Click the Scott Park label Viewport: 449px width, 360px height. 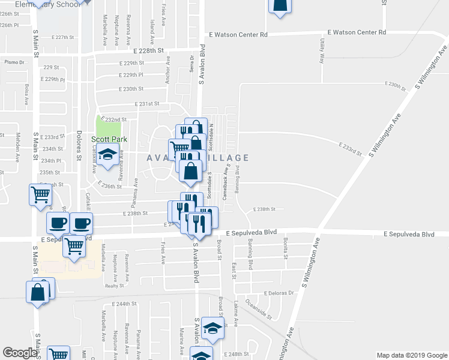coord(107,139)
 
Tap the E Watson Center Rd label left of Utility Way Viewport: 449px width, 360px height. coord(238,35)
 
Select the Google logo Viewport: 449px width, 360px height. coord(20,353)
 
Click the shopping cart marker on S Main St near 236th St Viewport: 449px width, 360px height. coord(40,193)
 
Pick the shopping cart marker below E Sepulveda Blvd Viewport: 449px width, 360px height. coord(74,245)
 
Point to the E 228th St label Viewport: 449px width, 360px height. coord(149,51)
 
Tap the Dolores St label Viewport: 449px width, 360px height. coord(79,150)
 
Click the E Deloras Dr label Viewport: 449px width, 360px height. coord(280,293)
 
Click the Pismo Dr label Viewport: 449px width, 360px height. coord(14,62)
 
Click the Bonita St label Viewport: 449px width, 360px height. coord(285,245)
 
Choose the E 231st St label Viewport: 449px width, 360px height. coord(147,103)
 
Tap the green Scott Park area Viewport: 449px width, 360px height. coord(109,126)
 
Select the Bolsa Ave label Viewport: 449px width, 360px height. coord(27,91)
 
